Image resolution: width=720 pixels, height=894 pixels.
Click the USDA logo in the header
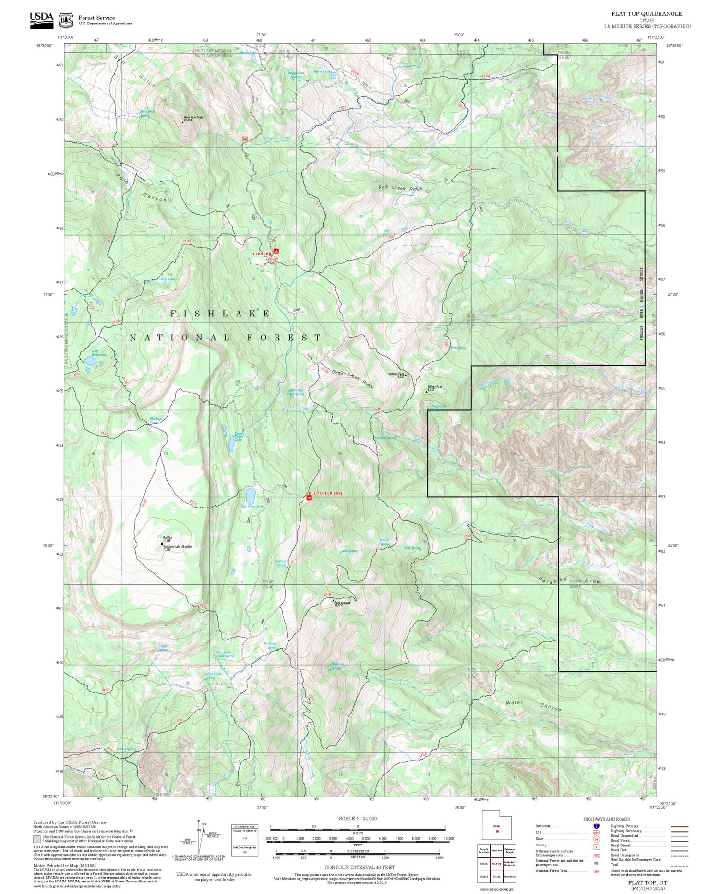(41, 19)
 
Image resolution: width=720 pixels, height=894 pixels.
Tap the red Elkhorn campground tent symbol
(276, 251)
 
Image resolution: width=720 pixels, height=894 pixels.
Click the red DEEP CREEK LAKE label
(325, 493)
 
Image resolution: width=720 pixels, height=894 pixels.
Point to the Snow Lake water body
(251, 495)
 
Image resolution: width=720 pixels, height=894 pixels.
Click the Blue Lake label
(168, 279)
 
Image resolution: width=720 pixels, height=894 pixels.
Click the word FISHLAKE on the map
(220, 314)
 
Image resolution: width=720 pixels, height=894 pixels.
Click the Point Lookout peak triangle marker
(334, 600)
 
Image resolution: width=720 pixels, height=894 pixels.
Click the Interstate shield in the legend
(597, 826)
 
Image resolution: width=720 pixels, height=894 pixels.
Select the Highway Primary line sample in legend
(677, 826)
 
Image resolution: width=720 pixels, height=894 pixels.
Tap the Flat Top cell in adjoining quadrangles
(496, 863)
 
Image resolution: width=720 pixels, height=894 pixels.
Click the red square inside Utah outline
(497, 831)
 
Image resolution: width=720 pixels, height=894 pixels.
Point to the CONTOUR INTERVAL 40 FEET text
(360, 867)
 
